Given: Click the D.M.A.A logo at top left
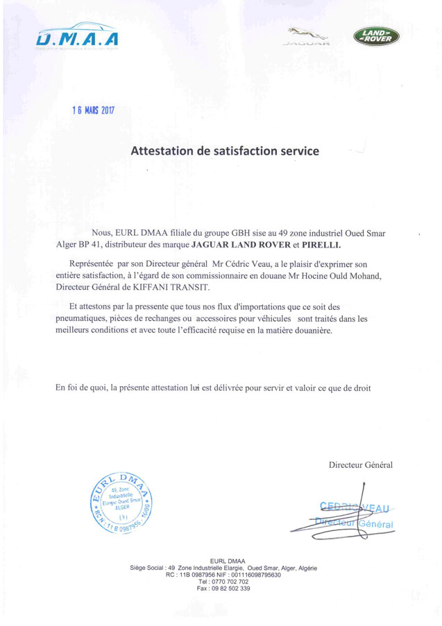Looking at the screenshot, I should pyautogui.click(x=78, y=40).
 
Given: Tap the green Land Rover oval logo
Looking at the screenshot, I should pyautogui.click(x=376, y=36).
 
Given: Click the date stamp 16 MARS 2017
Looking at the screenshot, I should pyautogui.click(x=94, y=110).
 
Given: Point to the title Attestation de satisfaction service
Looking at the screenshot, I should pyautogui.click(x=225, y=150).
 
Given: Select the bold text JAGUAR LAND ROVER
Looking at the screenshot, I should pyautogui.click(x=248, y=245).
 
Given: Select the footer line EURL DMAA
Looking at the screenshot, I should pyautogui.click(x=223, y=561).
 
